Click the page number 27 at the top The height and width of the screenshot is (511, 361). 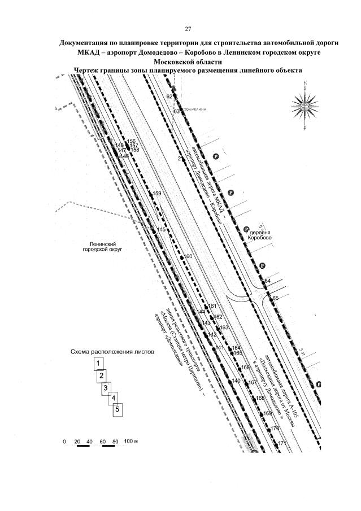(188, 29)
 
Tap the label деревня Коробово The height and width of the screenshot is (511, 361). (259, 235)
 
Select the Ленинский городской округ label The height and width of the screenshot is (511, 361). (103, 244)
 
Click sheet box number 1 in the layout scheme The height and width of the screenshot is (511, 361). (98, 363)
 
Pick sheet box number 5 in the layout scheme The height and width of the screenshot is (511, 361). (117, 410)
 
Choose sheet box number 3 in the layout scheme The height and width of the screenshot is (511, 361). (106, 388)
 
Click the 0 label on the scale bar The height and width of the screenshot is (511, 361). (64, 440)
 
